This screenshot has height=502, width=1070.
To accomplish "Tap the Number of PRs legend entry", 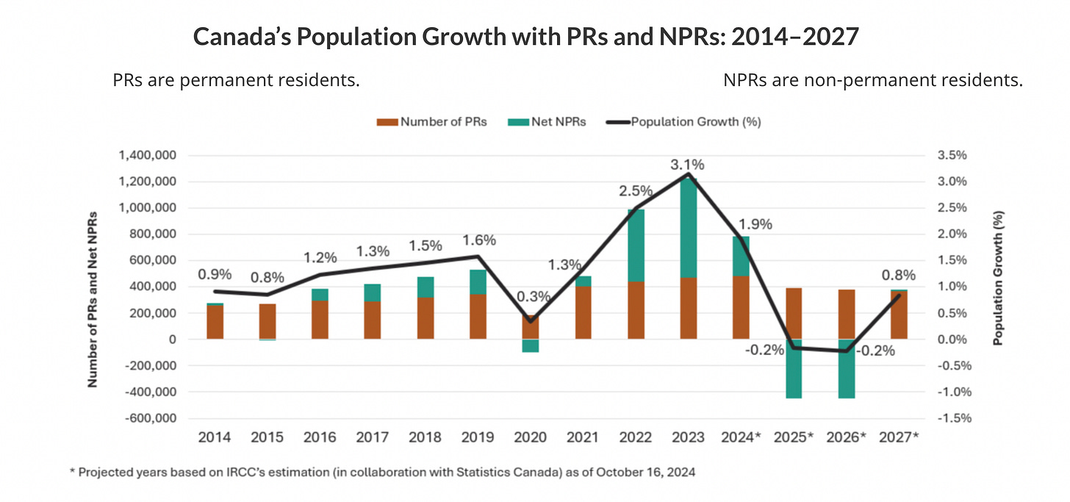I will [x=433, y=121].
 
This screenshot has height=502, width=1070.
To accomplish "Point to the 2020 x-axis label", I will [x=531, y=437].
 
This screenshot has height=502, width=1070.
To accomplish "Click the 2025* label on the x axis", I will [x=795, y=437].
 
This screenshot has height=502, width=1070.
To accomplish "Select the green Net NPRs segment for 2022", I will [x=636, y=245].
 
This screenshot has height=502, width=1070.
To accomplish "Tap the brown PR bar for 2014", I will [x=215, y=322].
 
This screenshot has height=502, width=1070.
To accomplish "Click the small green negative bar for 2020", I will [x=531, y=345].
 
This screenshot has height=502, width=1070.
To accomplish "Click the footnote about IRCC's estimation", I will [x=382, y=473].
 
